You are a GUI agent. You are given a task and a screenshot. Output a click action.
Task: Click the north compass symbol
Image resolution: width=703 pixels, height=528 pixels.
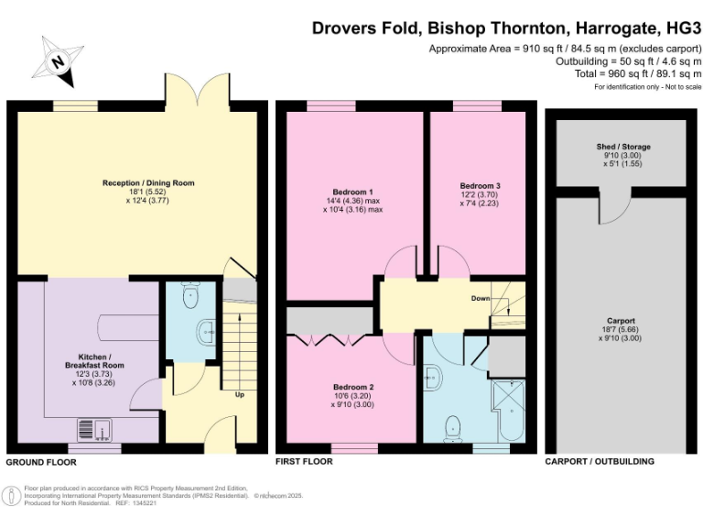57,60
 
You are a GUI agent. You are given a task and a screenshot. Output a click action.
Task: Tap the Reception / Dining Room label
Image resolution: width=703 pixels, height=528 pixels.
148,183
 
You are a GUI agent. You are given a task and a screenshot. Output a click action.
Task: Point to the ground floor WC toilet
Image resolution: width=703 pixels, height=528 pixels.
190,296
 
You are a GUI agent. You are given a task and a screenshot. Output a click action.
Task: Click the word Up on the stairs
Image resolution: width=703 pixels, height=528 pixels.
240,395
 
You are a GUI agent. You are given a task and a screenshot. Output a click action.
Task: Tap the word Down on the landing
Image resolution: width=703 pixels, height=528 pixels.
481,299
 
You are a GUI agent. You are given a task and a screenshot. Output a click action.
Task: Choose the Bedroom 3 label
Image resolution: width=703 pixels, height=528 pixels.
480,186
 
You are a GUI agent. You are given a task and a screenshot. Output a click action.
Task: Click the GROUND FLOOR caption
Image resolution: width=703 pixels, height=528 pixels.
41,462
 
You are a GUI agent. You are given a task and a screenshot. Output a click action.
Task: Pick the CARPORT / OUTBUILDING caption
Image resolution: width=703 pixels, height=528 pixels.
600,462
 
